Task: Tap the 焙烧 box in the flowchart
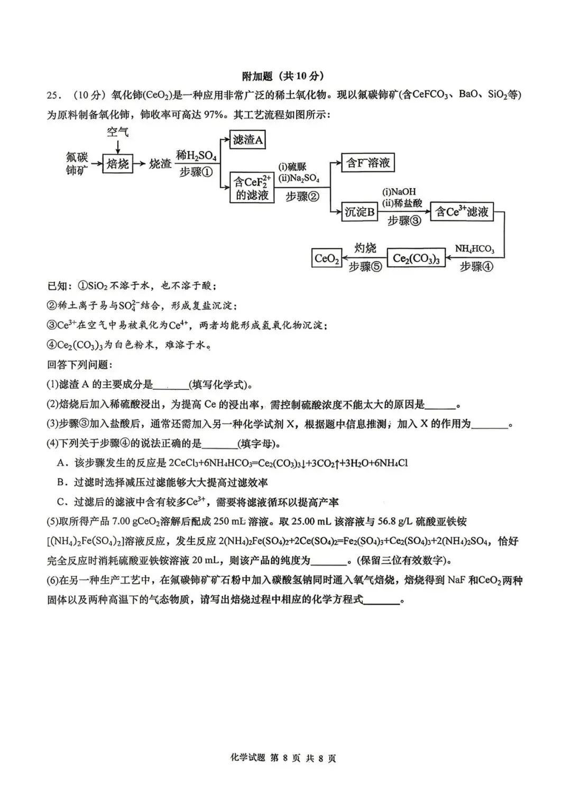pos(117,164)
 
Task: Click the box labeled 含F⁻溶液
pos(368,163)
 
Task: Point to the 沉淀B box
pos(360,212)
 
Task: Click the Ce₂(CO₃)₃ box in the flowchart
pos(416,259)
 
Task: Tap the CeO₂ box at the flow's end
pos(327,258)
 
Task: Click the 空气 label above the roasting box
pos(117,132)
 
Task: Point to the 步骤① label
pos(196,172)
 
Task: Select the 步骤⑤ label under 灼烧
pos(365,267)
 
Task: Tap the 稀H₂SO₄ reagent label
pos(196,155)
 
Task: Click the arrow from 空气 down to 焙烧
pos(117,146)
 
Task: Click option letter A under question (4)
pos(61,463)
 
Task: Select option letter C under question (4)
pos(61,502)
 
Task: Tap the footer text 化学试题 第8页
pos(283,758)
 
